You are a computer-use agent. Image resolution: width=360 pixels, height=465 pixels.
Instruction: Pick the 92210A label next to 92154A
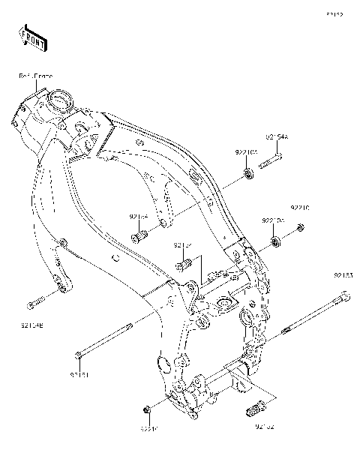245,152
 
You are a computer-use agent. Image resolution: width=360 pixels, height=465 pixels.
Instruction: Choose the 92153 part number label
343,275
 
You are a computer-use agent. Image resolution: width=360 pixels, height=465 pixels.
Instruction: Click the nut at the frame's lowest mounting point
147,409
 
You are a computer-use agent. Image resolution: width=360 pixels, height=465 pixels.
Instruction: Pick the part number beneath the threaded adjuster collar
264,427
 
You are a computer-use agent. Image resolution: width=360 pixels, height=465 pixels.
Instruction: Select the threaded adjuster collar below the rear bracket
256,409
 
